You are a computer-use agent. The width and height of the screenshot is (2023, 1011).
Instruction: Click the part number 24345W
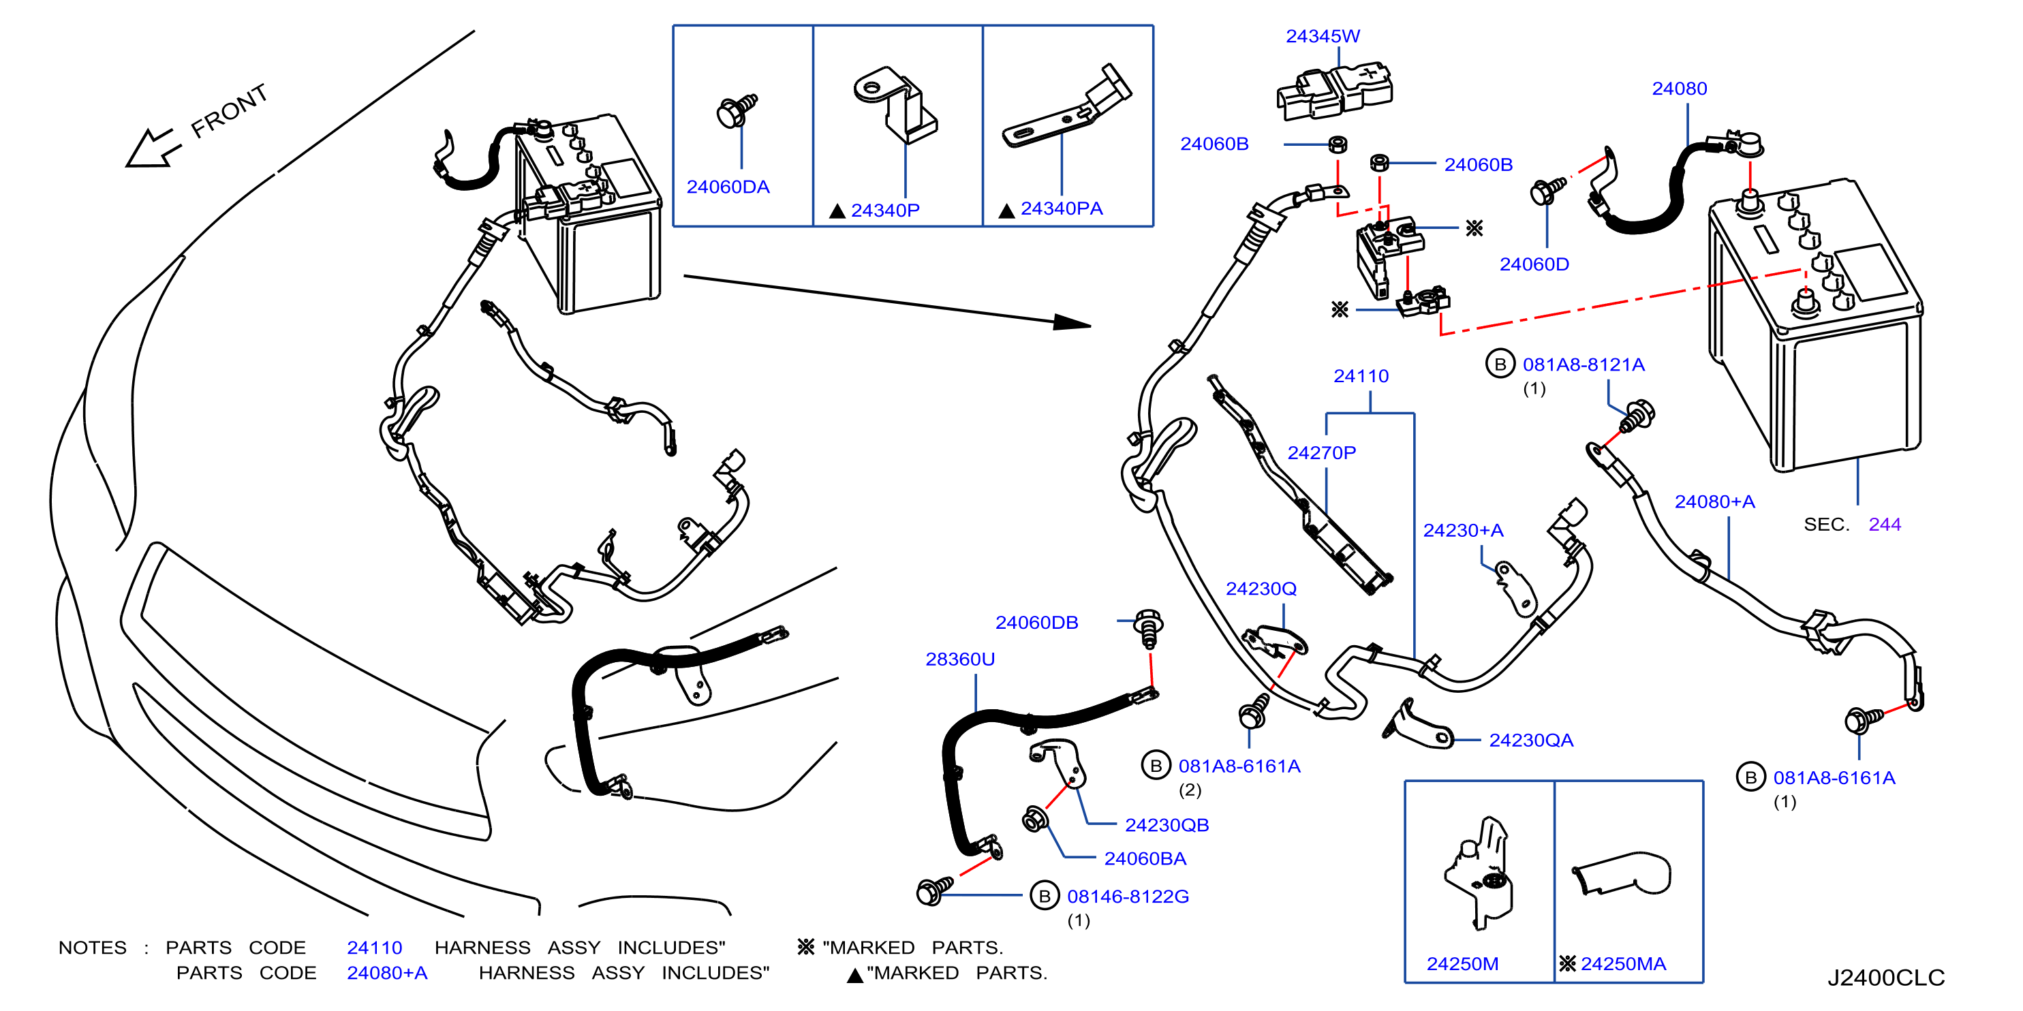coord(1323,36)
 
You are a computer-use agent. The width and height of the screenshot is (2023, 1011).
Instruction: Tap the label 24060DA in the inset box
coord(728,187)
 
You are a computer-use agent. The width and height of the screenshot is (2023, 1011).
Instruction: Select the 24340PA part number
coord(1061,208)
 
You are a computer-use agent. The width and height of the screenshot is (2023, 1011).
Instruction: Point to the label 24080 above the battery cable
coord(1679,89)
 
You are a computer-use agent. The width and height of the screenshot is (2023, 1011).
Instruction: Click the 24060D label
coord(1534,264)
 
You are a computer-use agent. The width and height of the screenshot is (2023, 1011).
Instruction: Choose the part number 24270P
coord(1322,453)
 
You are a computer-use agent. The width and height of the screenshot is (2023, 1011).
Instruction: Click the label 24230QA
coord(1531,740)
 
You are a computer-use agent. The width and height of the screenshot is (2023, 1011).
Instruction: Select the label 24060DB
coord(1036,623)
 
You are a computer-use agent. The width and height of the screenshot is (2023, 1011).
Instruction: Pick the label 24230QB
coord(1167,825)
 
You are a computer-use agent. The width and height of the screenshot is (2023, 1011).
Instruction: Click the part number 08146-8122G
coord(1128,897)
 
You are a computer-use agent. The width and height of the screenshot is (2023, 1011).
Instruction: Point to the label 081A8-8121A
coord(1584,364)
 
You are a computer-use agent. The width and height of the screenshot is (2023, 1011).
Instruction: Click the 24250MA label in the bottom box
coord(1622,964)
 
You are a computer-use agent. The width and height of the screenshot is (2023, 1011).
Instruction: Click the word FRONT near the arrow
coord(230,112)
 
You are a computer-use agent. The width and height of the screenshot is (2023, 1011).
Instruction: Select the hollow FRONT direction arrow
coord(153,149)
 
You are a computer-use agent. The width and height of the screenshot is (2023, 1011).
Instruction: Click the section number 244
coord(1885,525)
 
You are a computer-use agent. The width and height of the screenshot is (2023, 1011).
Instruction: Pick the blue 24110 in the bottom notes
coord(375,948)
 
